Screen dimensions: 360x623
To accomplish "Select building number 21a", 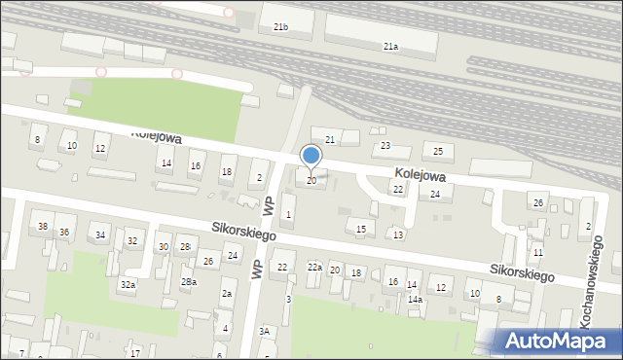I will [390, 46].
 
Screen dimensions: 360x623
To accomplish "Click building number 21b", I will [280, 26].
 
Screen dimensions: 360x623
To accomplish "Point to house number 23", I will [385, 146].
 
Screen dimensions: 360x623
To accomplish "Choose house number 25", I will [438, 151].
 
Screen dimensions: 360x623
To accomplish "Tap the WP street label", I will [257, 267].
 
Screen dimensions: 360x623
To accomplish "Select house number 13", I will [398, 234].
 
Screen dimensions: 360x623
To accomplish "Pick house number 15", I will [360, 229].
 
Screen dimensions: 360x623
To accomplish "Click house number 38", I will [42, 227].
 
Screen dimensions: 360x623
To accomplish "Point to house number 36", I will [64, 233].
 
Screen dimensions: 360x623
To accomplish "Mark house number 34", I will [99, 235].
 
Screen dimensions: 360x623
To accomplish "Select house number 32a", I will [128, 284].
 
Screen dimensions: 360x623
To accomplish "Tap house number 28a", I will [188, 281].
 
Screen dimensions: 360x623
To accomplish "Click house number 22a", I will [314, 267].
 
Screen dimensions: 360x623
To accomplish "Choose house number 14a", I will [415, 300].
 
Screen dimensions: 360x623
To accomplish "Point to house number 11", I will [537, 253].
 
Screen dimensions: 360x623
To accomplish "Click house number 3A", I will [264, 332].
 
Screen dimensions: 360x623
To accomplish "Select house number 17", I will [136, 352].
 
